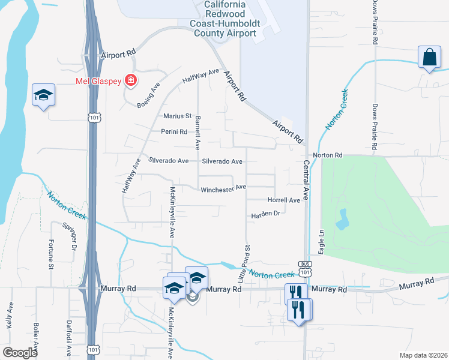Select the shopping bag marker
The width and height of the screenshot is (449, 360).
[x=430, y=58]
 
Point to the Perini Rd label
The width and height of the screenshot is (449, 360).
[x=174, y=131]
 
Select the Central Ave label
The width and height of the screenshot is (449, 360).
[x=306, y=179]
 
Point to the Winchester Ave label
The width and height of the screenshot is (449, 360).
[x=223, y=188]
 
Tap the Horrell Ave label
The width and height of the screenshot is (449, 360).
[x=283, y=200]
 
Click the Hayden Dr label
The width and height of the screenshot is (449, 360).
[x=266, y=214]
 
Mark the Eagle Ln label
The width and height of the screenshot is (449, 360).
[x=322, y=242]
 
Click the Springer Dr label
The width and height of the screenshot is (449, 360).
[x=70, y=236]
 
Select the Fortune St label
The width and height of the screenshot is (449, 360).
[x=52, y=254]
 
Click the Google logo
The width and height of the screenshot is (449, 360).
[x=20, y=353]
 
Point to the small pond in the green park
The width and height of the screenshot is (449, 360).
[x=342, y=220]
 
